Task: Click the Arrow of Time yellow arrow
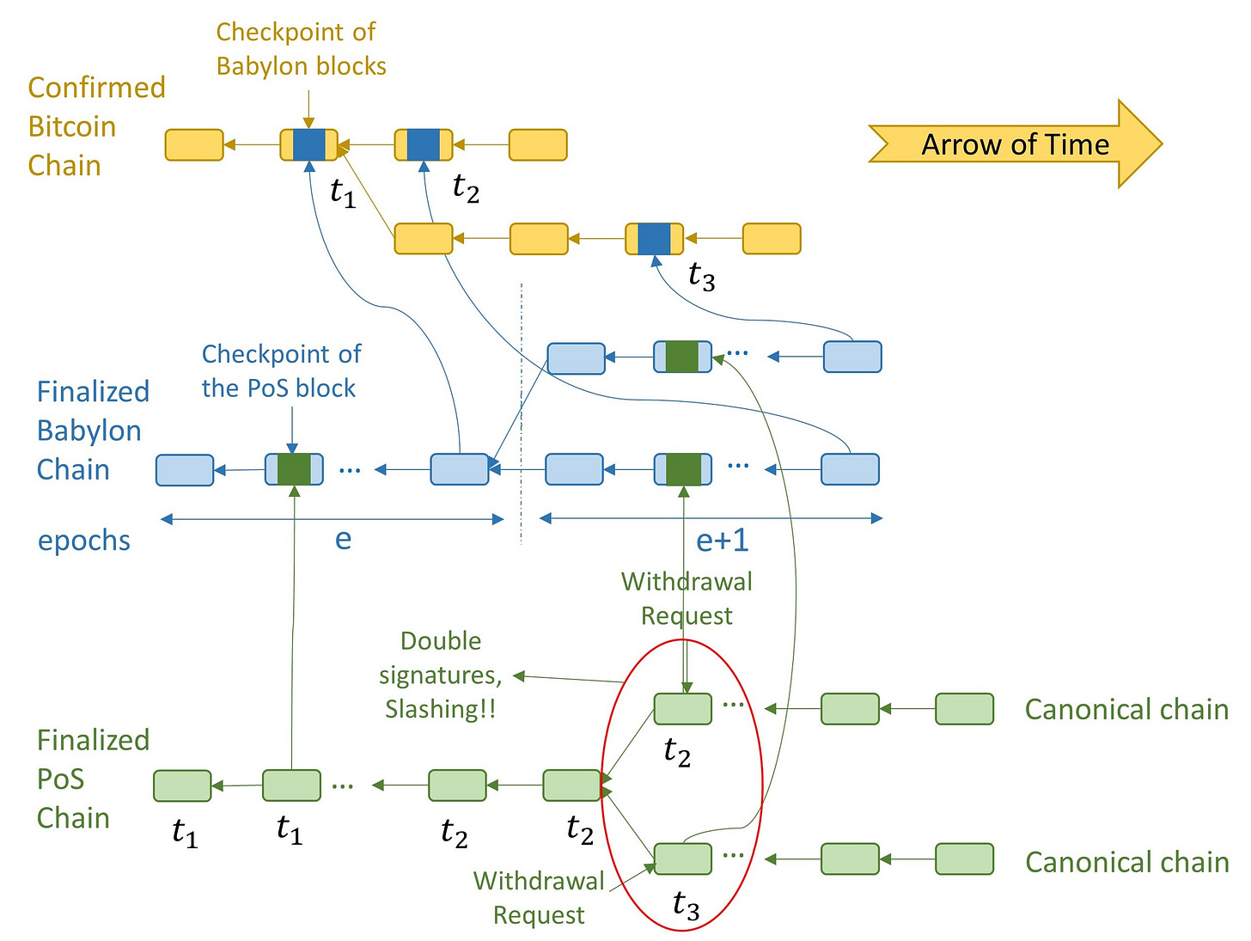click(1015, 144)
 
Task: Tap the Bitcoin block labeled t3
click(654, 239)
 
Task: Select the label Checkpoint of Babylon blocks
click(301, 49)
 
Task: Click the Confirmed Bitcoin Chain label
click(97, 126)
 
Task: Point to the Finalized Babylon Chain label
click(93, 431)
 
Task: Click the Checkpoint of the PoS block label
click(281, 371)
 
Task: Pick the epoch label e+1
click(722, 540)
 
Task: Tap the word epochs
click(84, 541)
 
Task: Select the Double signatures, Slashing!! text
click(441, 675)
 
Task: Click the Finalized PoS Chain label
click(93, 779)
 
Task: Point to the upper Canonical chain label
click(1126, 710)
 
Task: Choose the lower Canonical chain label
click(1126, 862)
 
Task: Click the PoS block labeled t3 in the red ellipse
click(682, 859)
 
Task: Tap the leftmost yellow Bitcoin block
click(194, 144)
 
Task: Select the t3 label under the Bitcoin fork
click(701, 277)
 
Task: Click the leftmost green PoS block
click(182, 786)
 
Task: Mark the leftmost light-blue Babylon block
click(185, 470)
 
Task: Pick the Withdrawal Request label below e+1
click(687, 599)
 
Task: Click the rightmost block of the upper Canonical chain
click(964, 709)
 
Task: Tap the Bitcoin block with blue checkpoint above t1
click(308, 144)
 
